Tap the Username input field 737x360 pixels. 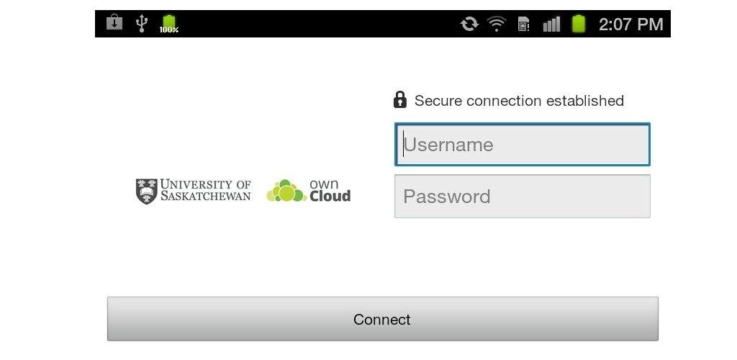click(523, 144)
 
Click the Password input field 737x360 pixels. click(523, 196)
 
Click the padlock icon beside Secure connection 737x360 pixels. click(399, 99)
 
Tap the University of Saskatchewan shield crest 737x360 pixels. click(146, 192)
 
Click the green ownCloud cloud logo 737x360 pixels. click(286, 191)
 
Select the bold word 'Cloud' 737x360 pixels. click(330, 196)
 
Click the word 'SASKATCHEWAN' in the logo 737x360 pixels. click(205, 196)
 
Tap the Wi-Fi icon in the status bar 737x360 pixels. click(497, 23)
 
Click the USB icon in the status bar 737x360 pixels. click(141, 23)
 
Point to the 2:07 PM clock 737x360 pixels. click(630, 24)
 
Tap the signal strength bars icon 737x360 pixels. click(551, 24)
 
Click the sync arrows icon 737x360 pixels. click(469, 24)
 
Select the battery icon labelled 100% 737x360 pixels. click(168, 24)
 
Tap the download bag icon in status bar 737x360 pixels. click(114, 22)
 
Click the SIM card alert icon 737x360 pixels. click(524, 24)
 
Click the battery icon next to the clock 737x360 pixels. click(579, 24)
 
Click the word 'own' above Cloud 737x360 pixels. click(324, 184)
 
